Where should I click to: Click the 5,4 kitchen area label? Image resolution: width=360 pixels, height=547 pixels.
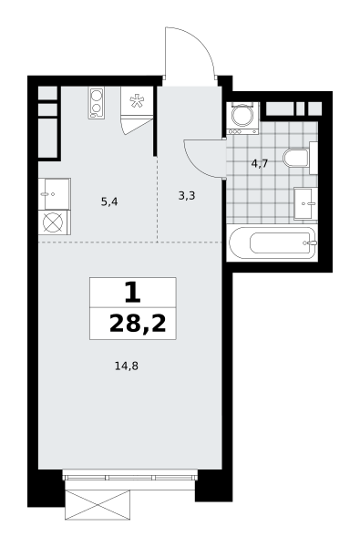[109, 201]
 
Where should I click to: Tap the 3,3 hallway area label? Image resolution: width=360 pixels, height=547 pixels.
[187, 196]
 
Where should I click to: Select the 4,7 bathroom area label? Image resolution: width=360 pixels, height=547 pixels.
[260, 163]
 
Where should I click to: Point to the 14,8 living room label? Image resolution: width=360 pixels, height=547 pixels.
[127, 366]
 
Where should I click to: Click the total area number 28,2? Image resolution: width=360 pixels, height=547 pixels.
[138, 324]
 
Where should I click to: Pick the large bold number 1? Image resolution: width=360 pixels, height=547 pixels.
[132, 293]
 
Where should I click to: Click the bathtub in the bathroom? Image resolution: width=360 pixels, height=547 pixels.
[273, 243]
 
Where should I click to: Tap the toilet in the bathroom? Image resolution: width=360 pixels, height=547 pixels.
[300, 158]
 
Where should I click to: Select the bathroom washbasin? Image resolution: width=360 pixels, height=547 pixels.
[305, 203]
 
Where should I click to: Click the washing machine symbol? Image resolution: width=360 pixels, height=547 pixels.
[242, 118]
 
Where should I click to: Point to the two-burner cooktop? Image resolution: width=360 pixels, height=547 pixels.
[97, 103]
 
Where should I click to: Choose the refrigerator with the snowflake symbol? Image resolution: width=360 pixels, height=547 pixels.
[137, 102]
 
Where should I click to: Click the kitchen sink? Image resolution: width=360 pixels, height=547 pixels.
[54, 194]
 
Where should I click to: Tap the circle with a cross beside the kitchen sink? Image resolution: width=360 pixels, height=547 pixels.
[54, 222]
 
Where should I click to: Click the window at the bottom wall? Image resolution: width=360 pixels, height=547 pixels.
[129, 477]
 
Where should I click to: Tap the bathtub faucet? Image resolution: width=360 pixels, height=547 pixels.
[311, 243]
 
